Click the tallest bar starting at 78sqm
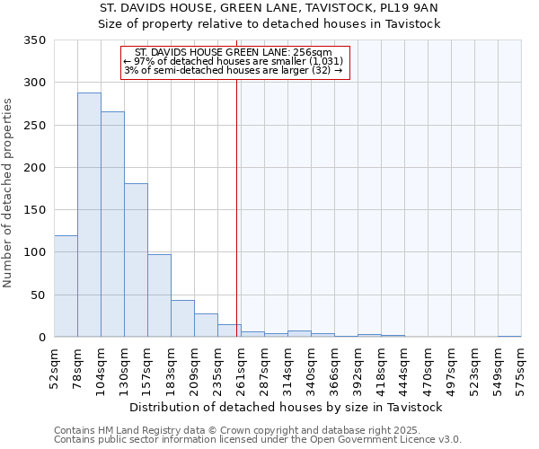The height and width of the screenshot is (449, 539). (x=89, y=216)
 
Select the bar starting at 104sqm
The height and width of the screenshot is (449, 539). (x=112, y=224)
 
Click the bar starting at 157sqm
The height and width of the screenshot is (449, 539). (x=159, y=296)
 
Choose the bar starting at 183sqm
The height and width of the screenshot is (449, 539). (x=182, y=319)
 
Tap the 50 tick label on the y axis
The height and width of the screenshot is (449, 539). (x=38, y=295)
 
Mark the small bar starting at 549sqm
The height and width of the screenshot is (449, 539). (x=509, y=336)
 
